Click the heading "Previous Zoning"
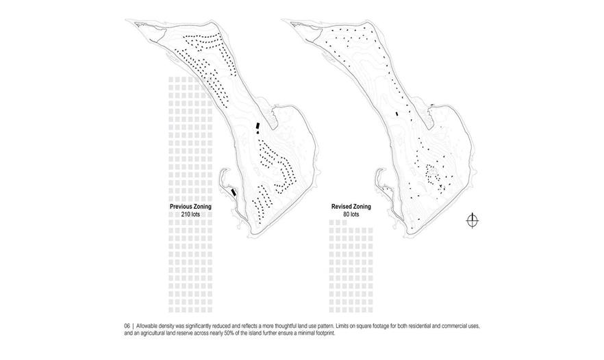coord(190,207)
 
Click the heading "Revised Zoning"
coord(351,207)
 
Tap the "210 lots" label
coord(190,214)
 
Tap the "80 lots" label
coord(351,214)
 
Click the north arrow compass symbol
coord(473,220)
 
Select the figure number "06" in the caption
coord(127,326)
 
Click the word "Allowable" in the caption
coord(146,326)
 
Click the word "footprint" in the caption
coord(325,333)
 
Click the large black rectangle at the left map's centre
coord(257,126)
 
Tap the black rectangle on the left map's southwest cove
coord(233,192)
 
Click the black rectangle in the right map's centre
coord(397,114)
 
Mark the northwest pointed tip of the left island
coord(126,20)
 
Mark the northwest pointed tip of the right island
coord(282,19)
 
